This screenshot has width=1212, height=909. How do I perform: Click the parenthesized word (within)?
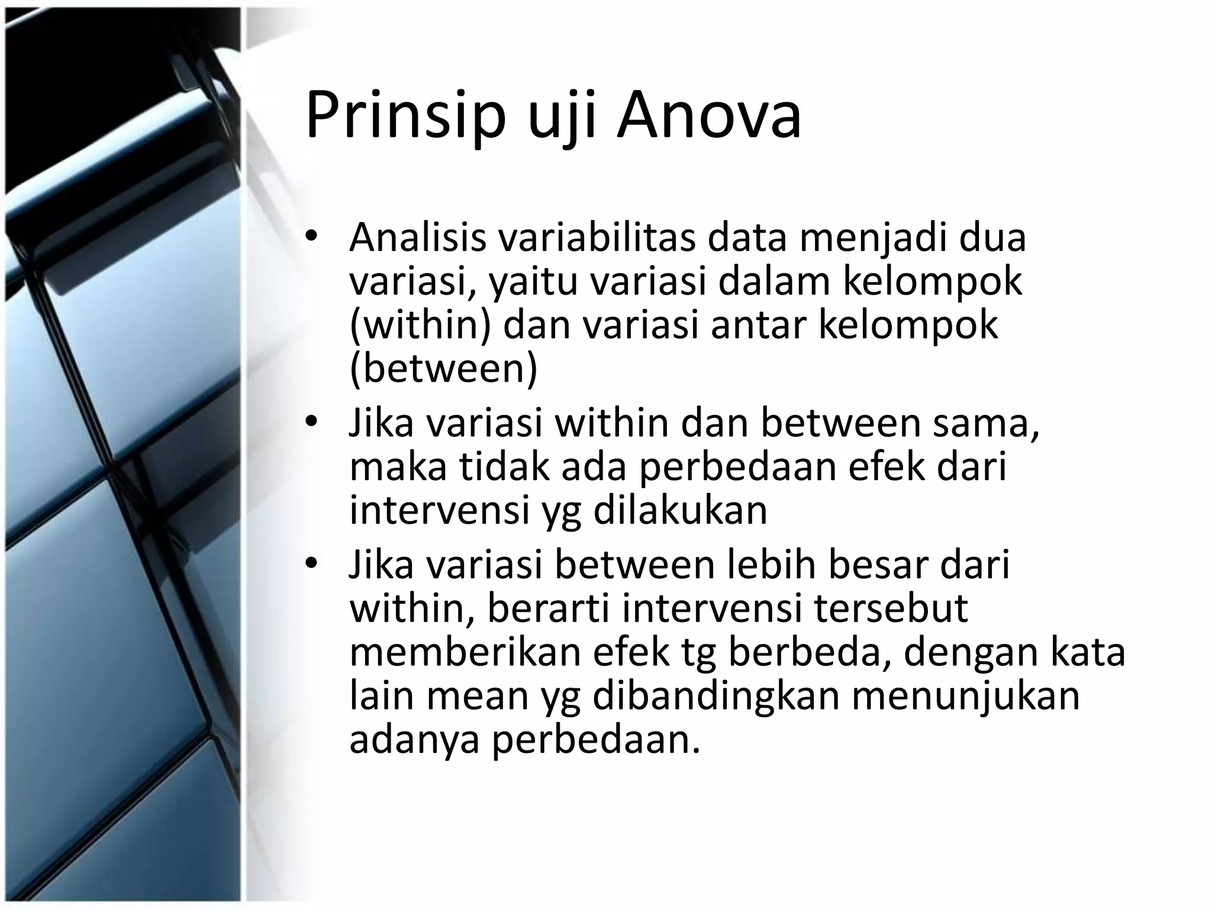(420, 325)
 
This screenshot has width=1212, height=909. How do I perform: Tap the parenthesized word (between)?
(444, 369)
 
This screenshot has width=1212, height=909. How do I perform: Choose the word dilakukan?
(680, 511)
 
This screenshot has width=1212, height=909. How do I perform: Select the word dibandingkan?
(715, 696)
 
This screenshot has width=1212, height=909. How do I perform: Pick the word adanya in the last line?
(414, 740)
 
